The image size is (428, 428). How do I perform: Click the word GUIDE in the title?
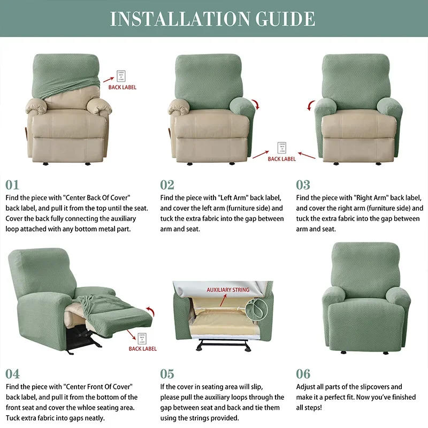point(284,19)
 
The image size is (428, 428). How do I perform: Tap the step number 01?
point(12,185)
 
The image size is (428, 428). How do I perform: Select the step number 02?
point(167,185)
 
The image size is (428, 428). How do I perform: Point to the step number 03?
point(303,185)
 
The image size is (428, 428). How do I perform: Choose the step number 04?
point(13,373)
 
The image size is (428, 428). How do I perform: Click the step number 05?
point(167,373)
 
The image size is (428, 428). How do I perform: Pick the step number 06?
point(303,373)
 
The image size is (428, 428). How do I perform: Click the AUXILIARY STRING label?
point(228,290)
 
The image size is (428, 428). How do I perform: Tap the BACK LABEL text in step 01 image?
point(123,87)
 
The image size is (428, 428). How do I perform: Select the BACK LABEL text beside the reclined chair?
point(143,349)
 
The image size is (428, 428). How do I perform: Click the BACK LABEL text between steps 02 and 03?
point(281,159)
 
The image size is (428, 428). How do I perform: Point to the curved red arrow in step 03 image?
point(310,104)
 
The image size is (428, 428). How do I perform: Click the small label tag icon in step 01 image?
point(121,75)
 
